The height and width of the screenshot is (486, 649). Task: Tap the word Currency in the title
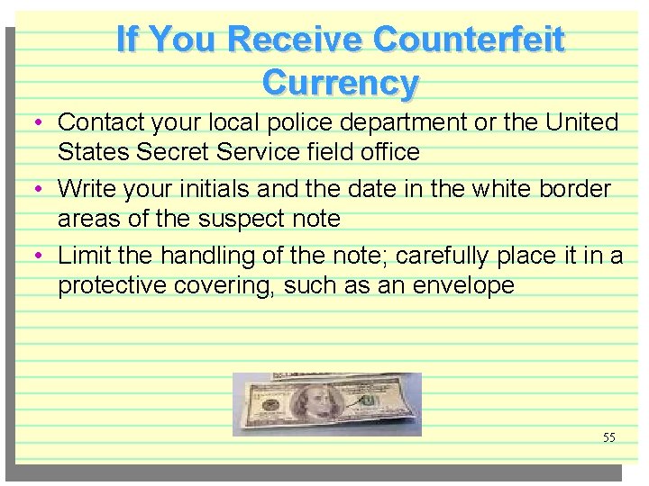point(341,83)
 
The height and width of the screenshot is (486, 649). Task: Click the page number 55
point(609,437)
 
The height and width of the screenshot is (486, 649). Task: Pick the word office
point(389,152)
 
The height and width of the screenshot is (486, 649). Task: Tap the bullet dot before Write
point(43,190)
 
